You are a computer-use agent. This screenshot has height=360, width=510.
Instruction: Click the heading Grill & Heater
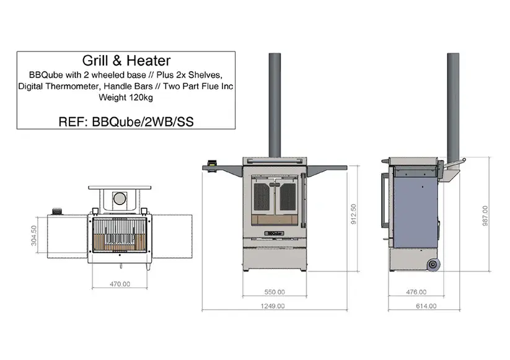126,61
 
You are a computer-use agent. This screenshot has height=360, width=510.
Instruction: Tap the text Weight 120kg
126,97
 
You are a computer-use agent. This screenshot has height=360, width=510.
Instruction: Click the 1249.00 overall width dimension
273,306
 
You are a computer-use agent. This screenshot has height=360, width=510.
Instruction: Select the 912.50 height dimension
354,216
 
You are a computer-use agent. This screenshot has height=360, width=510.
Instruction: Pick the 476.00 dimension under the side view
415,291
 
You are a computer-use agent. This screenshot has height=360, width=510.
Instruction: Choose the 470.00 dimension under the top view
120,285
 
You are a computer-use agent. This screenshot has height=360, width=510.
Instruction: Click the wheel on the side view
433,264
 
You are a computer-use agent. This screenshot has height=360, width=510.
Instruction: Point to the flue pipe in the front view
275,105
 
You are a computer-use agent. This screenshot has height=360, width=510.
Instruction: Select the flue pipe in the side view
453,105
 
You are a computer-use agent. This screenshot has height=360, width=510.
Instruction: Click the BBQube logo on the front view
274,233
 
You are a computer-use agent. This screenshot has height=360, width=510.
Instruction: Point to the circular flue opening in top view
119,199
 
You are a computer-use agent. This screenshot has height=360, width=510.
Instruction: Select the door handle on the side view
383,201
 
